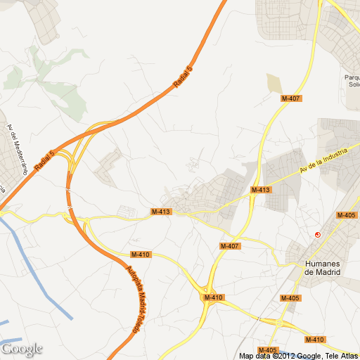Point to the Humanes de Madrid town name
322,268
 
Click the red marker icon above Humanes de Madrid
318,234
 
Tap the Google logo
22,349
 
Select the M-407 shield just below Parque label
291,98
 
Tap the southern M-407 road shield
230,246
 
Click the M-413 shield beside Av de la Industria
261,190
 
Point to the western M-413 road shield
161,212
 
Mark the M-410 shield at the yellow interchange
214,297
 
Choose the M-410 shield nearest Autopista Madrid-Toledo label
141,255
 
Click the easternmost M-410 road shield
315,340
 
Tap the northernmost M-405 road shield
346,215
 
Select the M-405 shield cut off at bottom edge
268,350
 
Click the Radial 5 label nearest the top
183,77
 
